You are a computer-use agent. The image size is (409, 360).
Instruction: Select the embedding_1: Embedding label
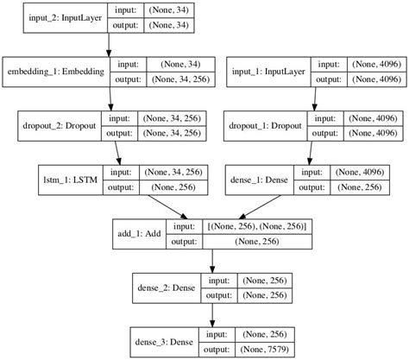click(56, 71)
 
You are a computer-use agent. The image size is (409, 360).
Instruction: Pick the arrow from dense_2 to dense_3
click(212, 315)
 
